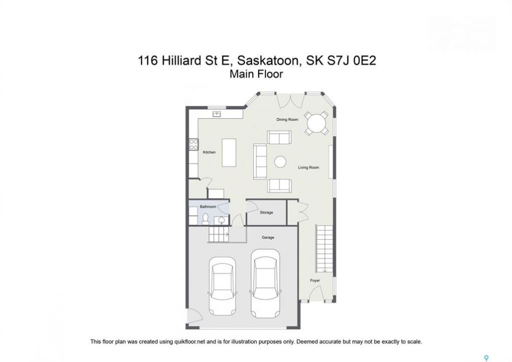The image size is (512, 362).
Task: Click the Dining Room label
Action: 287,120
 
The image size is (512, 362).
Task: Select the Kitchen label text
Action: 210,152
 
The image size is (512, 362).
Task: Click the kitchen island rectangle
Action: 229,152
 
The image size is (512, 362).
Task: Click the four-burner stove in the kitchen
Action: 193,144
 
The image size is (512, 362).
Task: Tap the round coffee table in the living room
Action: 280,162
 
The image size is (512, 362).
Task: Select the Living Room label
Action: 309,167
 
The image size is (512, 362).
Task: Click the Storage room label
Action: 266,212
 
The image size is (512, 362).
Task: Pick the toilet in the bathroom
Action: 206,219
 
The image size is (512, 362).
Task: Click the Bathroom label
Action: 208,207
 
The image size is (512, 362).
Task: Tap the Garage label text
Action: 268,237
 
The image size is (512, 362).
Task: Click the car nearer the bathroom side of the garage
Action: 223,286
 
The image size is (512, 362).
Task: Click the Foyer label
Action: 315,281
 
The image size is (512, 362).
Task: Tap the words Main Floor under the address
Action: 256,74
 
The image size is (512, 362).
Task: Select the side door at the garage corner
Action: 194,316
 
